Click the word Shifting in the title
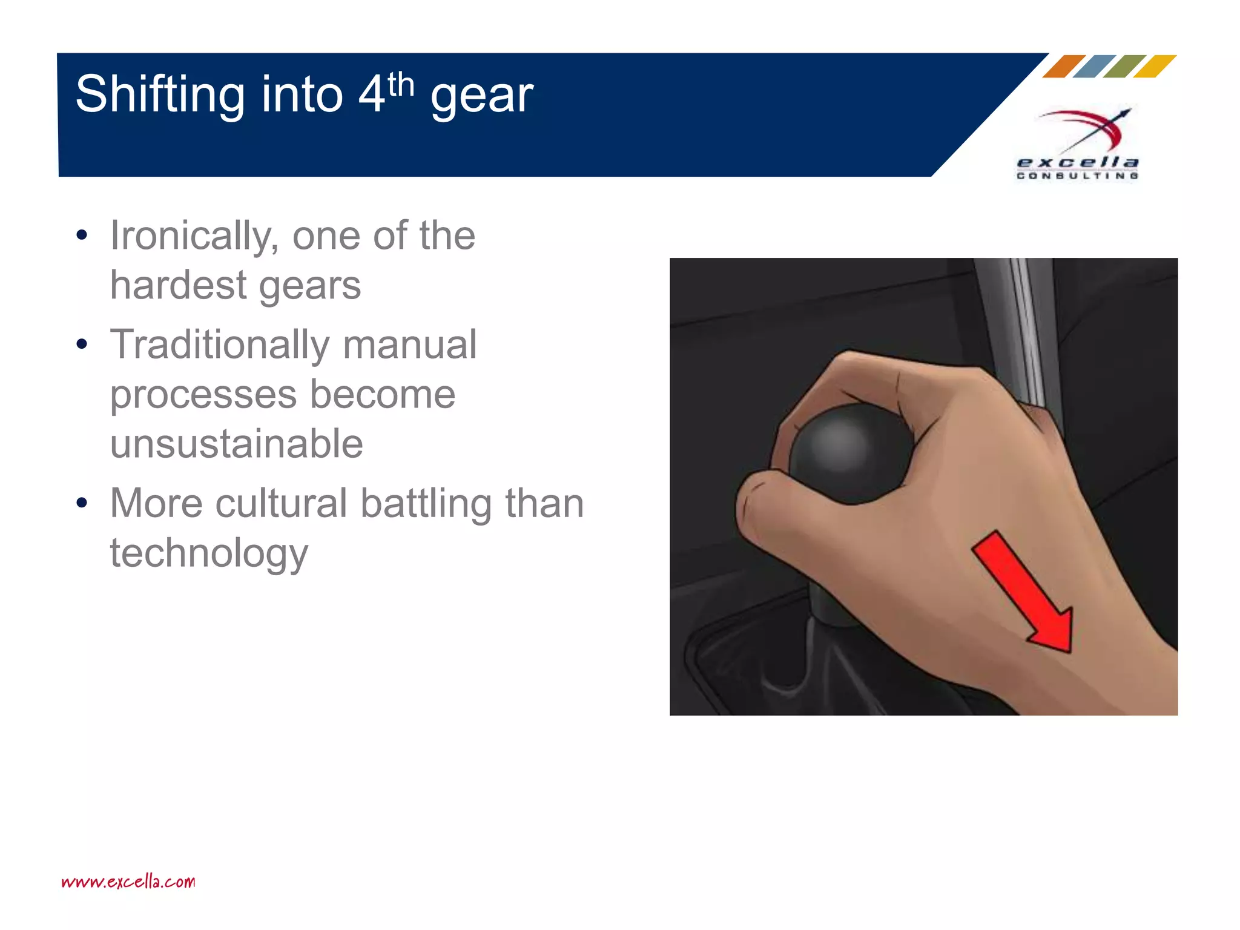pos(160,95)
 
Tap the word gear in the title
pos(482,97)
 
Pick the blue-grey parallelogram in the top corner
pos(1094,66)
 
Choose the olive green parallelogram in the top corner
pos(1124,66)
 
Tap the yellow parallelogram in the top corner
pos(1155,66)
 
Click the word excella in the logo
pos(1078,162)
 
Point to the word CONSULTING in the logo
pos(1078,176)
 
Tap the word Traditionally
pos(219,345)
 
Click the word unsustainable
pos(236,444)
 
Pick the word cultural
pos(281,504)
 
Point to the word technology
pos(209,553)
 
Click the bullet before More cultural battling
pos(82,503)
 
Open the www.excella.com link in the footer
pos(128,882)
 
